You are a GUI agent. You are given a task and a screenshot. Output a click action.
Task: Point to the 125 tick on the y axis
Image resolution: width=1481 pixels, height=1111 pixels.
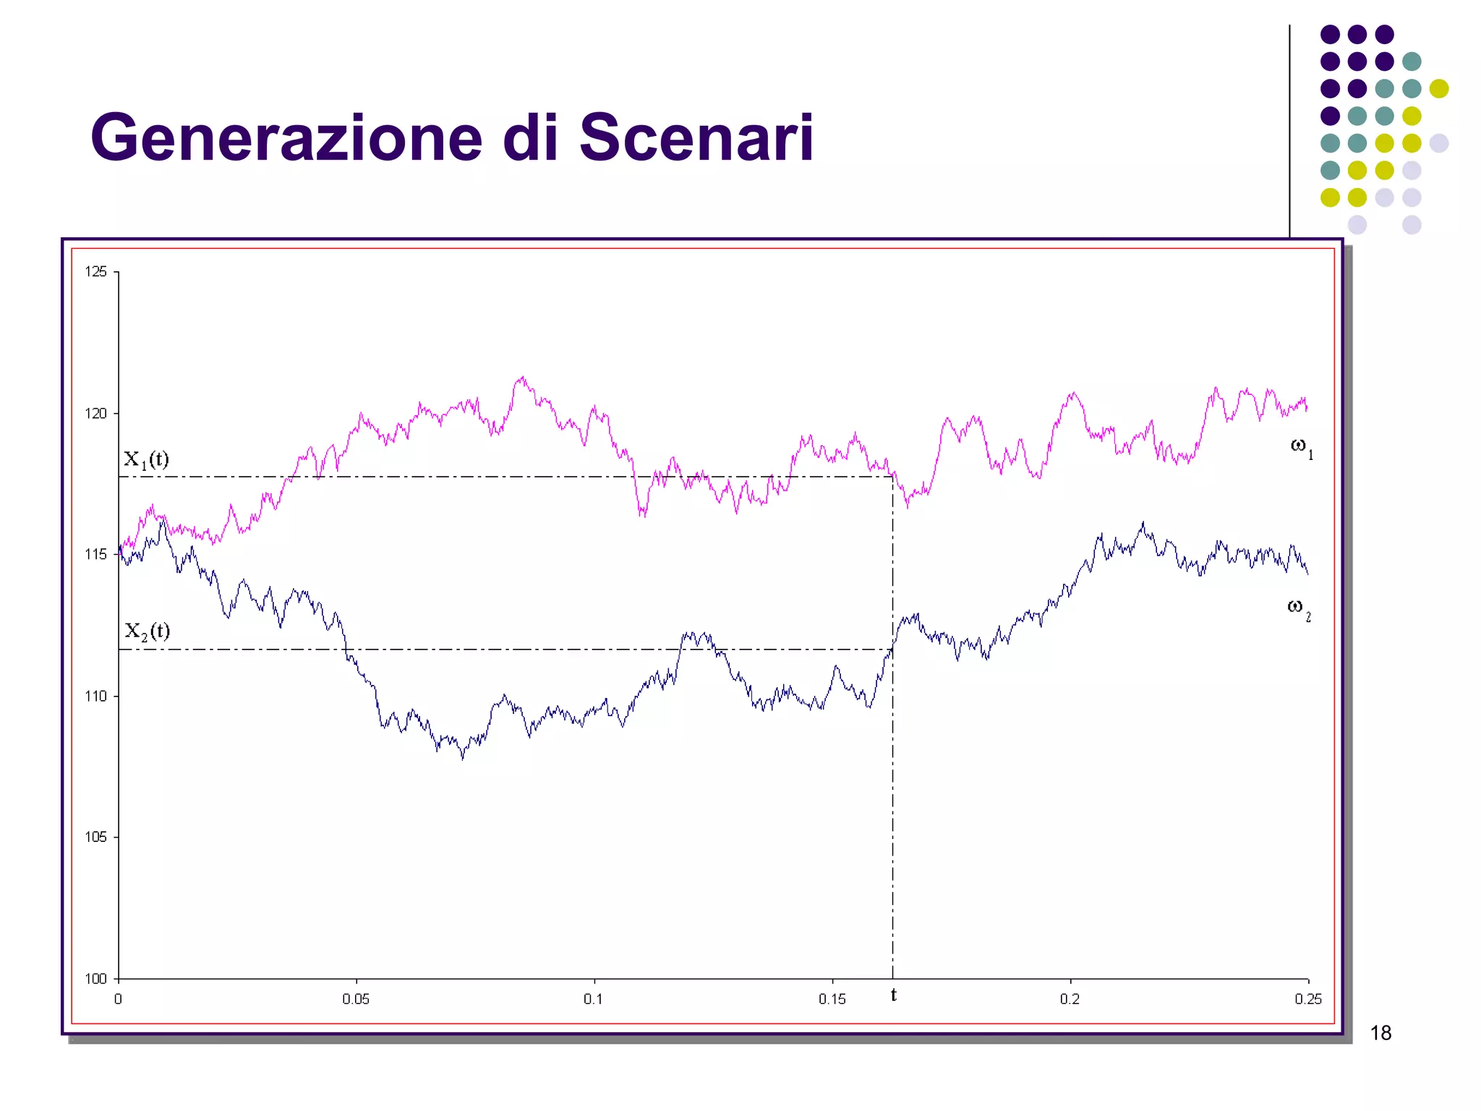95,272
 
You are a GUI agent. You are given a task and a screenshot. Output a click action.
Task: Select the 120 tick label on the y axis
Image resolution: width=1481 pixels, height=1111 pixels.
95,414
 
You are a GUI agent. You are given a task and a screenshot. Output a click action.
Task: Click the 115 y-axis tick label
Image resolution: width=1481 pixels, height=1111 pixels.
95,555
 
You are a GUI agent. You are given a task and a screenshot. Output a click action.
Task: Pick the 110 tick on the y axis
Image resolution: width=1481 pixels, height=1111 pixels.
95,697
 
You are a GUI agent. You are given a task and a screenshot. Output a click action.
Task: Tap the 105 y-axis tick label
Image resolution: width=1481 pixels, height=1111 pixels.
95,838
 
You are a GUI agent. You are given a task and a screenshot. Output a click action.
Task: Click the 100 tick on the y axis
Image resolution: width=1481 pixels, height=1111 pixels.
95,979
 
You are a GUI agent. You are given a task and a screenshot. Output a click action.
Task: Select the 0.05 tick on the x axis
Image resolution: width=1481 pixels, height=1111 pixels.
356,1000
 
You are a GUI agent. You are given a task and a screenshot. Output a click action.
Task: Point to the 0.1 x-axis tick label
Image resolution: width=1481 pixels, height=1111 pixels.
593,1000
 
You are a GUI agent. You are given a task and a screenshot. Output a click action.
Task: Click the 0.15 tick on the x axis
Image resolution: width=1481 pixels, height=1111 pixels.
832,1000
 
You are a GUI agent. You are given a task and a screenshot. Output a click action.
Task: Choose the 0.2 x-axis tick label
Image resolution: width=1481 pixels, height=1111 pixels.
1070,1000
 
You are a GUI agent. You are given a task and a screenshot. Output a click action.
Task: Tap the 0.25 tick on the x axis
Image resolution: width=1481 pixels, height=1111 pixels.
1307,1000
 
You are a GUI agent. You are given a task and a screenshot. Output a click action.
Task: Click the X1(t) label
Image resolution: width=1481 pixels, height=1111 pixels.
146,460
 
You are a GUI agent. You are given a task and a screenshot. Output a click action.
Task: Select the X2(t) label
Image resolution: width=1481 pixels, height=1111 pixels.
147,631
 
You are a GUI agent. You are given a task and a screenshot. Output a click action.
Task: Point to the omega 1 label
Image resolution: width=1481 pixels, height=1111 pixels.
1301,447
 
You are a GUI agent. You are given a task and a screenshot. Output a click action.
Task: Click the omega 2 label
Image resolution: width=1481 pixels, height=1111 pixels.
1298,608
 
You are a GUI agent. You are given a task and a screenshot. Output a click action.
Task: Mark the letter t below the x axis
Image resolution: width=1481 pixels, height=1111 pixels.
894,995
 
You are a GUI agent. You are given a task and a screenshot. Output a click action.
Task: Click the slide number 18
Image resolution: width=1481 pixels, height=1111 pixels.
1380,1033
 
